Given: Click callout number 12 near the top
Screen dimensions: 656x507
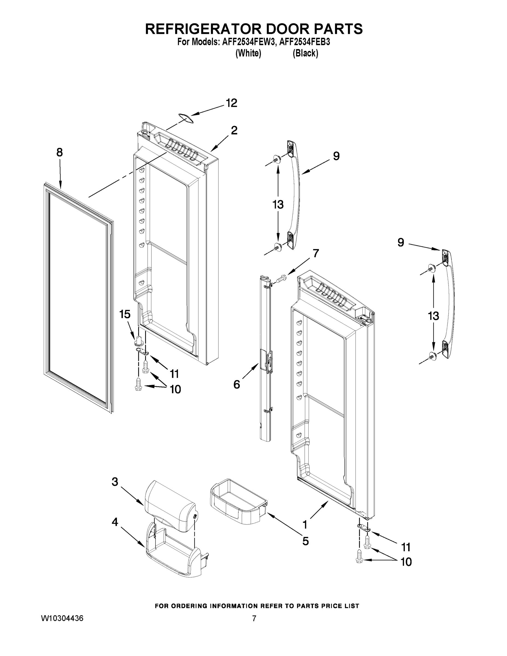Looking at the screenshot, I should click(x=231, y=103).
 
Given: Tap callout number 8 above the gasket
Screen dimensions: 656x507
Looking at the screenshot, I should click(x=60, y=152).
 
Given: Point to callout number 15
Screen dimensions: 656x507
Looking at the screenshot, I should click(x=125, y=315).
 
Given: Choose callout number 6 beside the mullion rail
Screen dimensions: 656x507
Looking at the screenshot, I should click(x=237, y=384).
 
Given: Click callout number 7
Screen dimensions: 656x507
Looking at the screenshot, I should click(x=316, y=253).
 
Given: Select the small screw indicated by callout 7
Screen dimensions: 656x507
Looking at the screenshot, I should click(x=282, y=279).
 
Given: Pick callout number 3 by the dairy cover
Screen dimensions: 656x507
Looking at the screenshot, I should click(x=115, y=490).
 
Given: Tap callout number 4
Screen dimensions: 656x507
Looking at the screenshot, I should click(x=115, y=522).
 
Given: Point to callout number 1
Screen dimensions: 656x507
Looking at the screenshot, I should click(x=305, y=525).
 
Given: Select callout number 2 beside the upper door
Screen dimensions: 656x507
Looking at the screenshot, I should click(x=234, y=130).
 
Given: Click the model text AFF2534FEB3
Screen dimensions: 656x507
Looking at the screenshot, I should click(x=304, y=42).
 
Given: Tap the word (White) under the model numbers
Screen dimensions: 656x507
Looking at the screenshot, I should click(x=248, y=54).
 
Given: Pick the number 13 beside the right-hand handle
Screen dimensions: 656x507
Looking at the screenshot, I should click(x=433, y=316).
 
